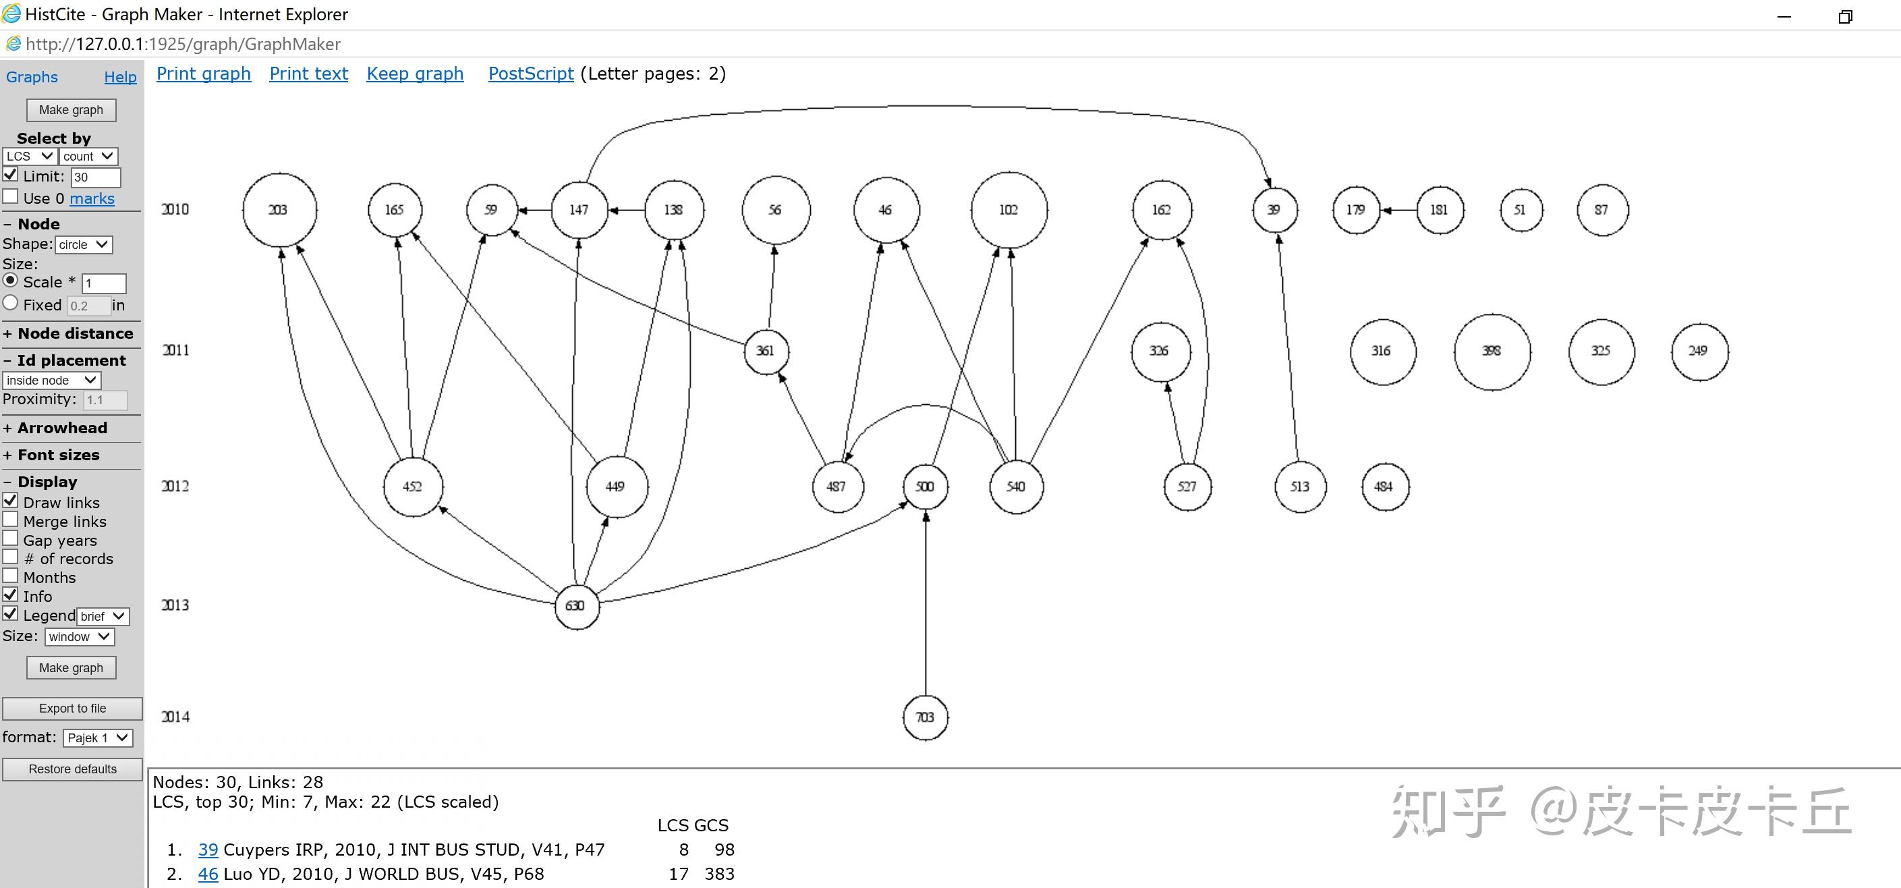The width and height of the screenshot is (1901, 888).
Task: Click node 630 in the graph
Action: pos(576,606)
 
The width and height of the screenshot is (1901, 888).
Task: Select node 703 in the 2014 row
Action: pos(926,717)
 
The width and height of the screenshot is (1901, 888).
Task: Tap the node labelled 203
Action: pos(279,211)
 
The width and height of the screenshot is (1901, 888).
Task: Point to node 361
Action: pos(766,352)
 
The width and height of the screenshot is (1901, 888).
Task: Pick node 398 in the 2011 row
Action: pos(1492,352)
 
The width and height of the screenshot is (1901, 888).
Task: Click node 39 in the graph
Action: pos(1274,211)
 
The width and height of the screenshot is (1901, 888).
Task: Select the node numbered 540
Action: pos(1016,487)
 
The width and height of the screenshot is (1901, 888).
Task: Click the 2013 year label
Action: pos(175,605)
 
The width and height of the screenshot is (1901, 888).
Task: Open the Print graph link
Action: pos(204,74)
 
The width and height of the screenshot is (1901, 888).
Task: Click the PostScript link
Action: pos(531,74)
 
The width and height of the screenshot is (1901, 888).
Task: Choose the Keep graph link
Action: pos(415,74)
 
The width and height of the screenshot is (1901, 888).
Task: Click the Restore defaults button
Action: pos(72,769)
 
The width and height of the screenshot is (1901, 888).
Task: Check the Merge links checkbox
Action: pos(10,520)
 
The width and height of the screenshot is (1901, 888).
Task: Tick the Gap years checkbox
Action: pos(10,539)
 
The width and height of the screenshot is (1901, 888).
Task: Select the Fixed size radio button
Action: pos(10,304)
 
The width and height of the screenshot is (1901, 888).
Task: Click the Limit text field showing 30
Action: pos(95,177)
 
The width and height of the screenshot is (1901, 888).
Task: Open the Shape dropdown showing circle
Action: pos(84,244)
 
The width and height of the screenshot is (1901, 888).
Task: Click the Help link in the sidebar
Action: pos(120,77)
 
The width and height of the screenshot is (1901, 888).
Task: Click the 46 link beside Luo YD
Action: pos(207,874)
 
